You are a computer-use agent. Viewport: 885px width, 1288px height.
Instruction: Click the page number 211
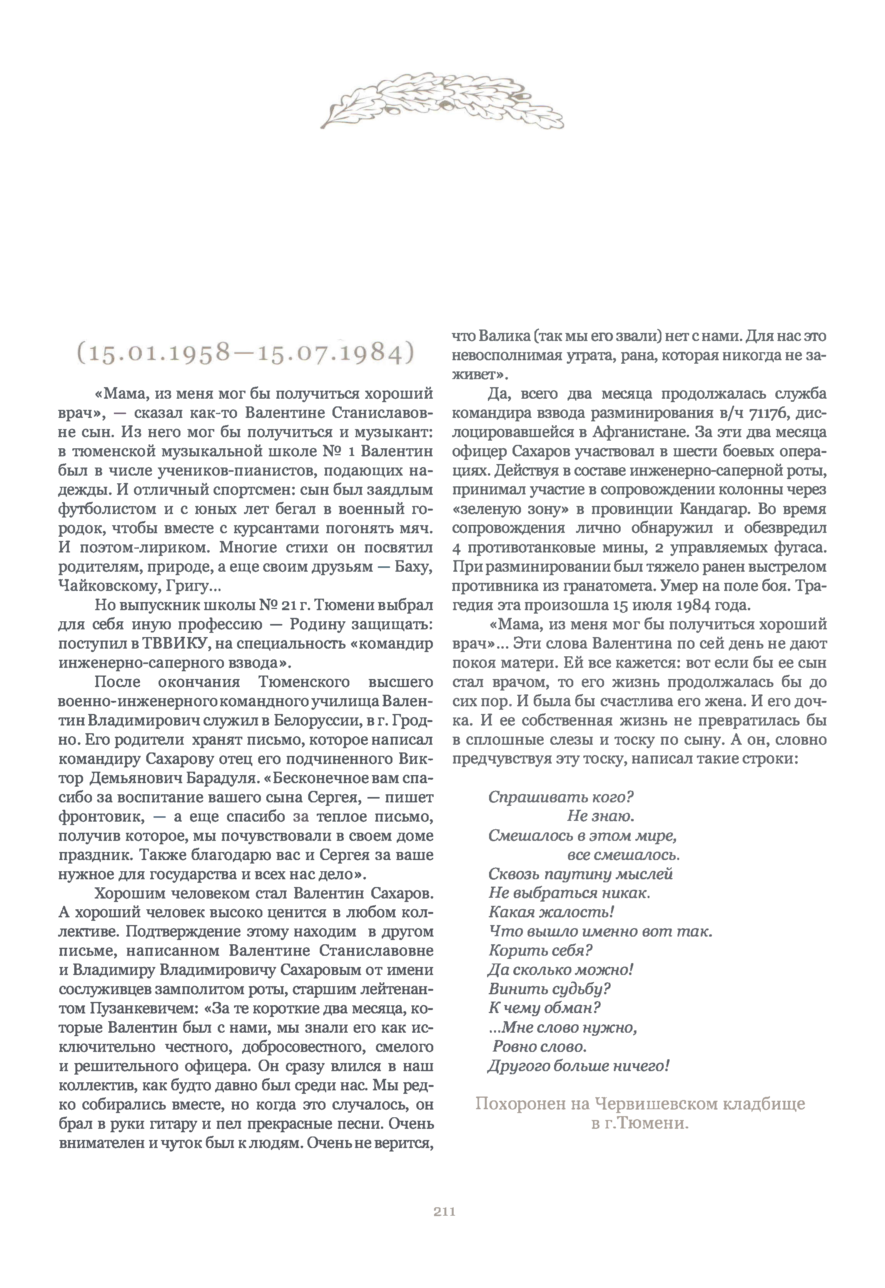tap(444, 1211)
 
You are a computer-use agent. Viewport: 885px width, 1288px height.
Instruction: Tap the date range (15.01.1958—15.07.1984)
tap(245, 353)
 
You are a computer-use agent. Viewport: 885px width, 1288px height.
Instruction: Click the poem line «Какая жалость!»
tap(551, 912)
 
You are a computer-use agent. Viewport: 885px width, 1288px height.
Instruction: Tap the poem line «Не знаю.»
tap(600, 816)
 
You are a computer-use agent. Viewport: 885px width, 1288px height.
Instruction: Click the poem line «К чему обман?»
tap(544, 1008)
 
